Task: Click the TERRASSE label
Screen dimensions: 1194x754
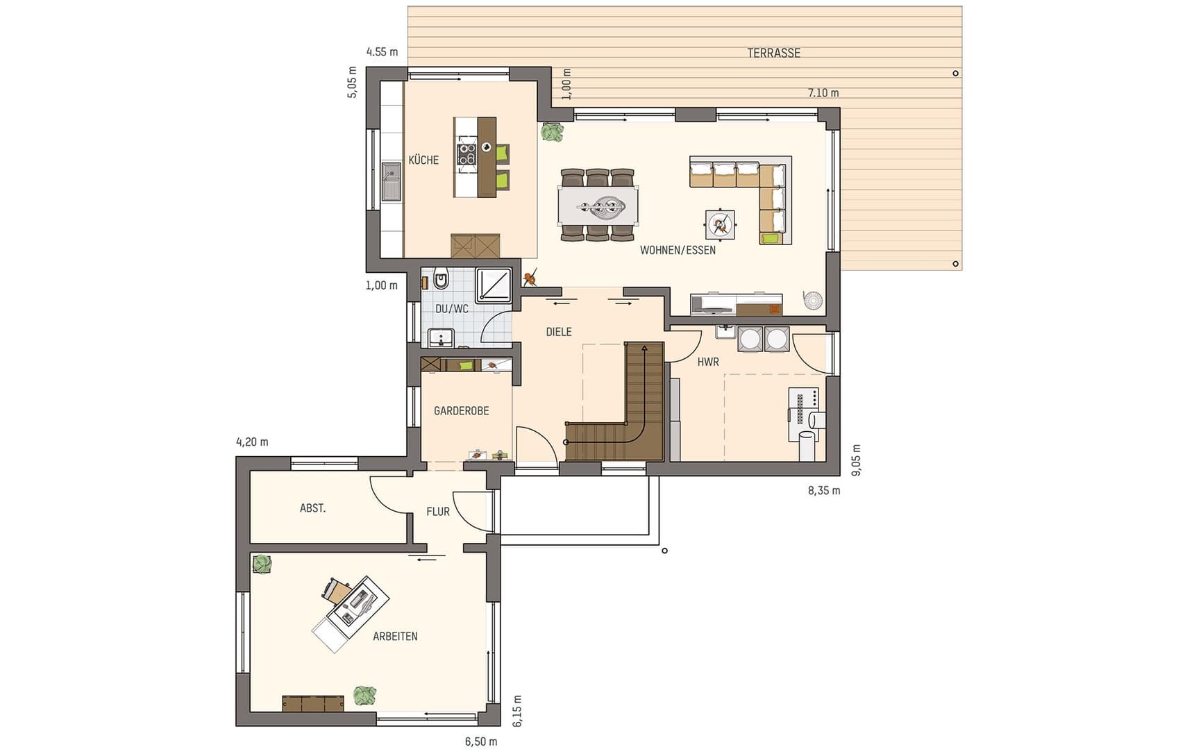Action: (x=773, y=53)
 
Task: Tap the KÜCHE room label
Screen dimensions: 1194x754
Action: (x=423, y=160)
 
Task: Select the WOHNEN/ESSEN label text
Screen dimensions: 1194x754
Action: (x=678, y=250)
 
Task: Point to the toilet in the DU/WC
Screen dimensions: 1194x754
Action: (x=441, y=280)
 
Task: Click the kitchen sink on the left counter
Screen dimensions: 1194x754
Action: (x=392, y=181)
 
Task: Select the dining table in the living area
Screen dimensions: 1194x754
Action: (x=598, y=206)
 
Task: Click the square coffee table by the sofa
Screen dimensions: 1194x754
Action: (x=720, y=225)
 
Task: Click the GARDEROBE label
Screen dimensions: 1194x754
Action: (x=462, y=411)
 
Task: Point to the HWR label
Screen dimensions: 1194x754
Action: (x=708, y=362)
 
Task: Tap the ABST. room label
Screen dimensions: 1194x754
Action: (x=312, y=508)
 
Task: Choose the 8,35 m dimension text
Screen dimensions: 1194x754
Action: (x=824, y=491)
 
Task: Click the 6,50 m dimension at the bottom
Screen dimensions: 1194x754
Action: (x=481, y=742)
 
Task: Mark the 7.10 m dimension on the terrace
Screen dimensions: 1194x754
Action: (x=823, y=93)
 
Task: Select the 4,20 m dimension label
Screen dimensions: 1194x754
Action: (x=253, y=442)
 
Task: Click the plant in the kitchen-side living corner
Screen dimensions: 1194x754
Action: (x=553, y=132)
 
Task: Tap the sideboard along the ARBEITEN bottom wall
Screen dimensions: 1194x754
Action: (x=313, y=703)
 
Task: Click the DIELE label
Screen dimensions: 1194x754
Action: (x=559, y=332)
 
